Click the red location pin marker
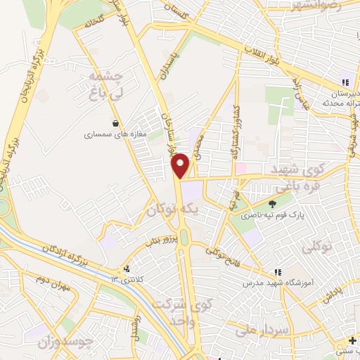coord(181,165)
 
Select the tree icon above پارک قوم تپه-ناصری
coord(262,202)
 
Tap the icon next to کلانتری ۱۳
coord(127,269)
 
